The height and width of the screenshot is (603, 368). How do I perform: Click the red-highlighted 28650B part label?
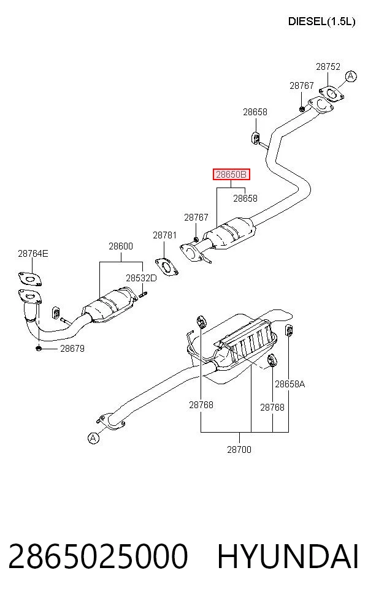tap(231, 175)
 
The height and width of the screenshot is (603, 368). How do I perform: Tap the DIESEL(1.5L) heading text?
tap(321, 21)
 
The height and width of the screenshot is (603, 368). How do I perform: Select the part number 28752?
tap(328, 67)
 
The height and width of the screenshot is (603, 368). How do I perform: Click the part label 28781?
tap(165, 235)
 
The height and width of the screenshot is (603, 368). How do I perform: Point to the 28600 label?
tap(120, 246)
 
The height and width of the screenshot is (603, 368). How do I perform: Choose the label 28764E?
tap(33, 254)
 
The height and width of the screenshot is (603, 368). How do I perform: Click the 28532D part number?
tap(141, 278)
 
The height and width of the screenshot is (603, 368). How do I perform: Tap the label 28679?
tap(72, 349)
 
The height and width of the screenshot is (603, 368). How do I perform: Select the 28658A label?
tap(290, 384)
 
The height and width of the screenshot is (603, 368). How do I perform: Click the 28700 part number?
tap(239, 449)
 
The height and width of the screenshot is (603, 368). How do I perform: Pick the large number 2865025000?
tap(98, 556)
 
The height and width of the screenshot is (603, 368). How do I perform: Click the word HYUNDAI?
tap(288, 556)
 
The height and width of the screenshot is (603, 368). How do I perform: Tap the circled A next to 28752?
tap(350, 77)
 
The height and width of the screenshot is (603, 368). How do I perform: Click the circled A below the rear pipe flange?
tap(94, 438)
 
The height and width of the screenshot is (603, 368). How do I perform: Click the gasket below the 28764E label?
tap(29, 279)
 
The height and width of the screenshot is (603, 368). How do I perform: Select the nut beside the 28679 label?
tap(39, 349)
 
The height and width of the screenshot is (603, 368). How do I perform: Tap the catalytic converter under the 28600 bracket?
tap(110, 305)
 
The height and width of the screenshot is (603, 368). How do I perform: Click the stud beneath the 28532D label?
tap(143, 295)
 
